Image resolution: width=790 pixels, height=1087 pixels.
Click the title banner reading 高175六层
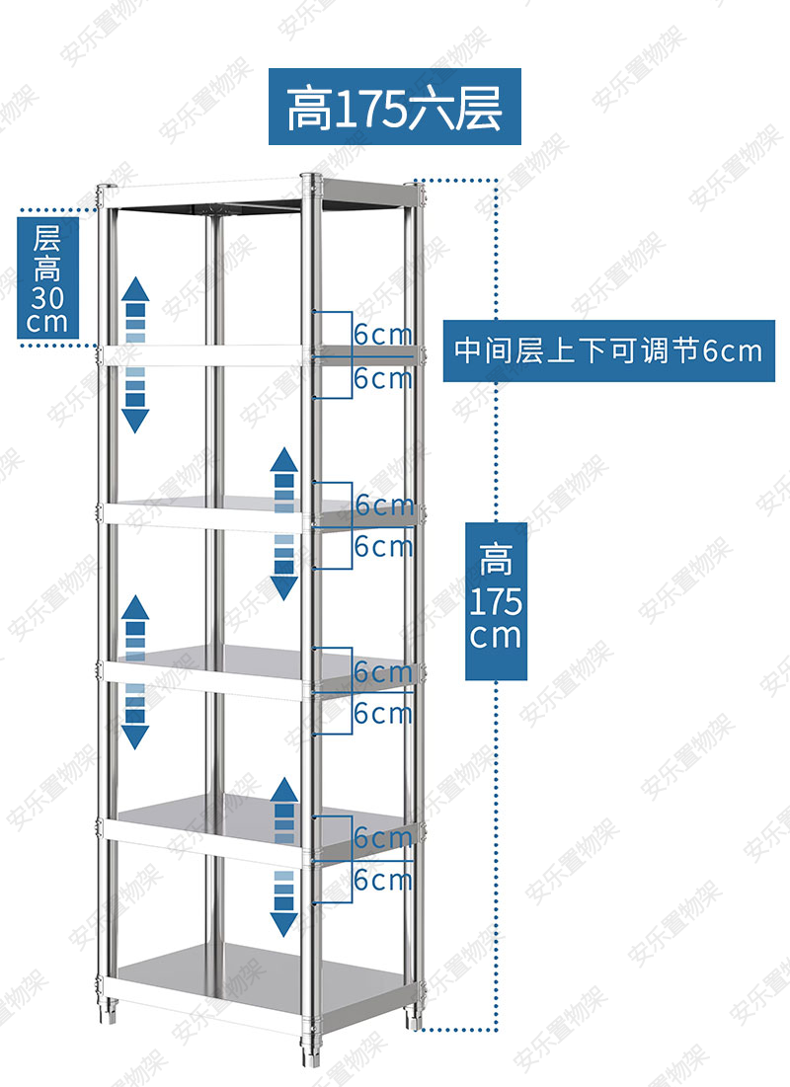394,107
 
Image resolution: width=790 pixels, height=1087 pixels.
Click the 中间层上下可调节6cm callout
607,350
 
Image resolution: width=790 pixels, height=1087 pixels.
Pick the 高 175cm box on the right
496,599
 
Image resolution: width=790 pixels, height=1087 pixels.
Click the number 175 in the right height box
496,600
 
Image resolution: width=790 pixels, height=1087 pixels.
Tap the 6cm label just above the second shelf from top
383,335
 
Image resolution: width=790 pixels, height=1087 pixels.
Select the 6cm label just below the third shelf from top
383,545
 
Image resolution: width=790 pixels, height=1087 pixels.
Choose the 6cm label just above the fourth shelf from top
383,671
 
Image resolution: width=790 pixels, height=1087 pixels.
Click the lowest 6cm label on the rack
383,878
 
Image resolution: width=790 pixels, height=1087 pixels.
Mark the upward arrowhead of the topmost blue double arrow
135,289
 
